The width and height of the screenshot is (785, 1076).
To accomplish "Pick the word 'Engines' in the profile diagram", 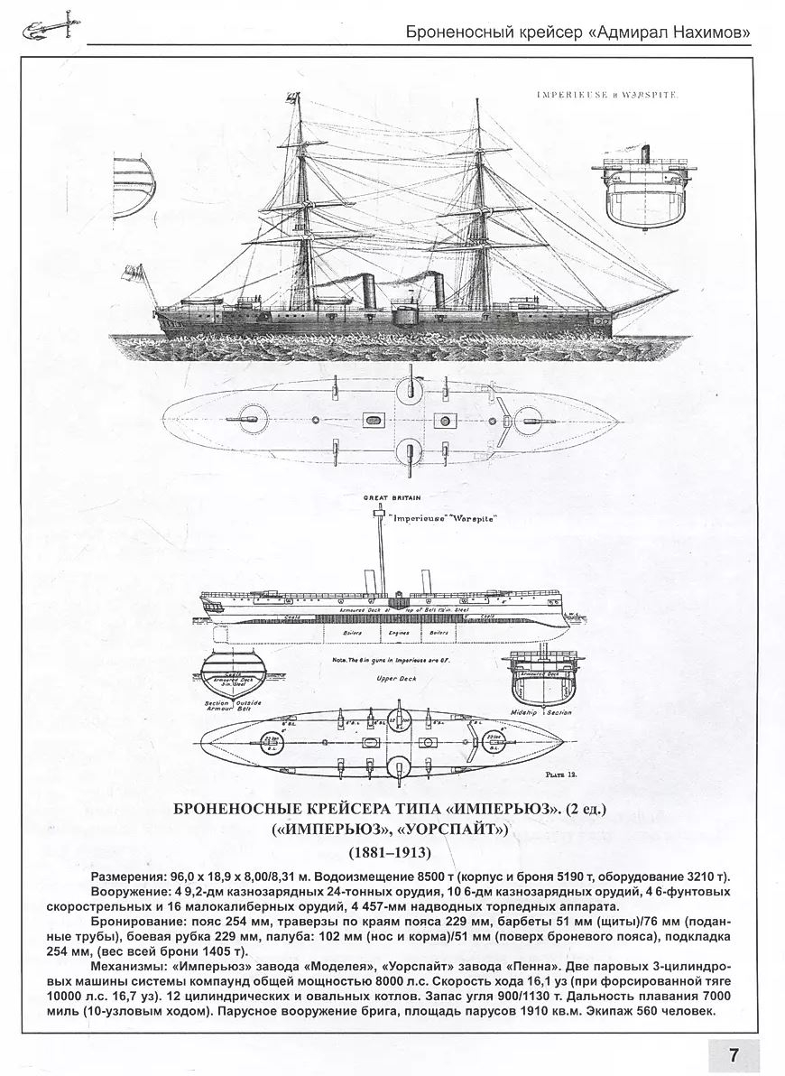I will point(394,634).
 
